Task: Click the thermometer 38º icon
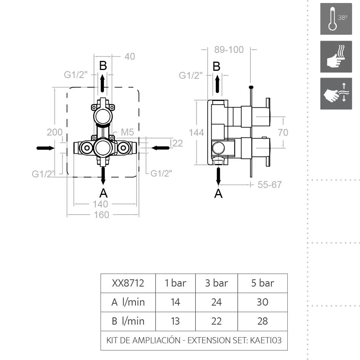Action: coord(336,19)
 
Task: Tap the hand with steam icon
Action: coord(336,57)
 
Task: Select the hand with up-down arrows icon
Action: coord(336,94)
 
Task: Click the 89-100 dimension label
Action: coord(229,49)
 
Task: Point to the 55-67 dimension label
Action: coord(269,185)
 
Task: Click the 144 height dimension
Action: coord(196,132)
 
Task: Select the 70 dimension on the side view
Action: coord(283,132)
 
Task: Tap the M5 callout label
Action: coord(127,132)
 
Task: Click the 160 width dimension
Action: coord(102,215)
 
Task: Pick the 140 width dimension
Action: coord(100,204)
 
